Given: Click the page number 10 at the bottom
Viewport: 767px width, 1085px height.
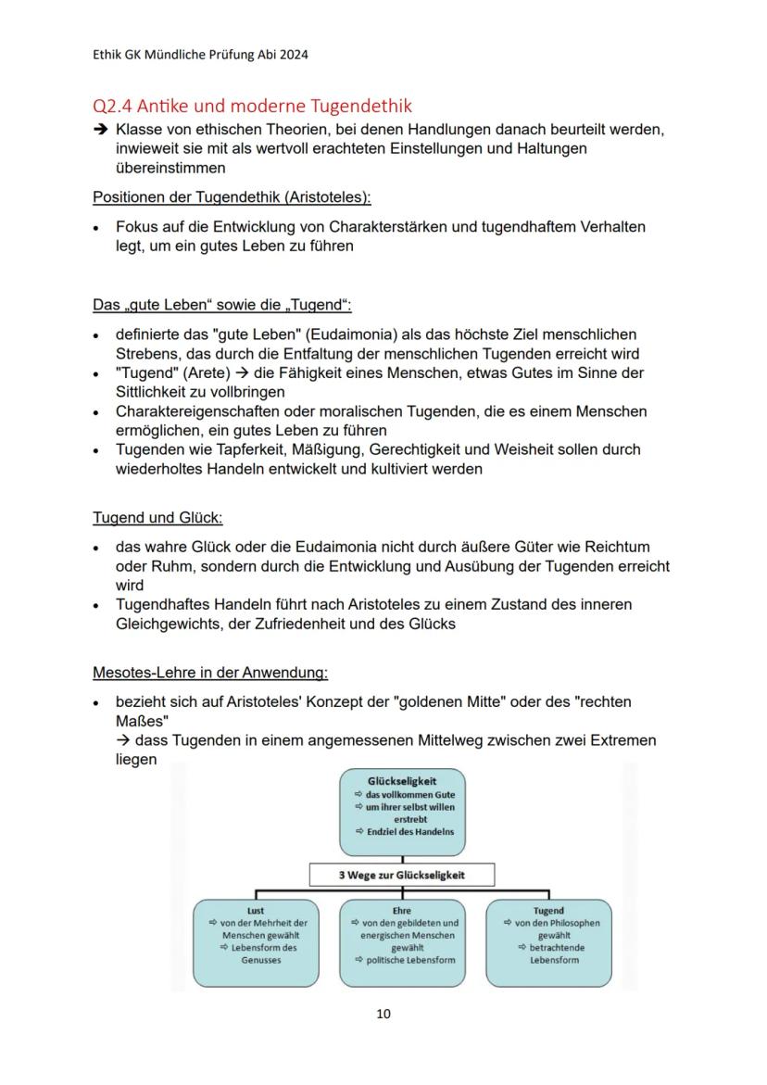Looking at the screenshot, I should coord(383,1014).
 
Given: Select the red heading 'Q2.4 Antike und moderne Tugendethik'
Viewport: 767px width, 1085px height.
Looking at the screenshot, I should coord(252,106).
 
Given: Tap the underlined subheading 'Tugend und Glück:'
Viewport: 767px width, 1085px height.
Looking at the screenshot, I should coord(157,517).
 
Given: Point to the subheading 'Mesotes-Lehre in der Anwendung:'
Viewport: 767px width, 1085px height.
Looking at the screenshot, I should coord(210,672).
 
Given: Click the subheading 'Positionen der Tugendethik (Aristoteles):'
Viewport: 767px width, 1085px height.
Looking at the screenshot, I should coord(232,197).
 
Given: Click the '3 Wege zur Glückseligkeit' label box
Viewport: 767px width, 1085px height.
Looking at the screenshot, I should coord(402,876).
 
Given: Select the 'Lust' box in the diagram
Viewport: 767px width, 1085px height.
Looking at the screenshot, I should coord(256,941).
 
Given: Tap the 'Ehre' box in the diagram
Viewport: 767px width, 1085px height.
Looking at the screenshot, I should coord(402,941).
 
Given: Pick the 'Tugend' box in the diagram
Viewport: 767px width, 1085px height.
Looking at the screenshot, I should coord(548,941).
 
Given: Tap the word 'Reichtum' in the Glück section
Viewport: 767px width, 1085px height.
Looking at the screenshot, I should coord(619,547).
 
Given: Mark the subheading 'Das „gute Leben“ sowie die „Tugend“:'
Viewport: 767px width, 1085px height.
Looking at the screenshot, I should coord(222,305).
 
